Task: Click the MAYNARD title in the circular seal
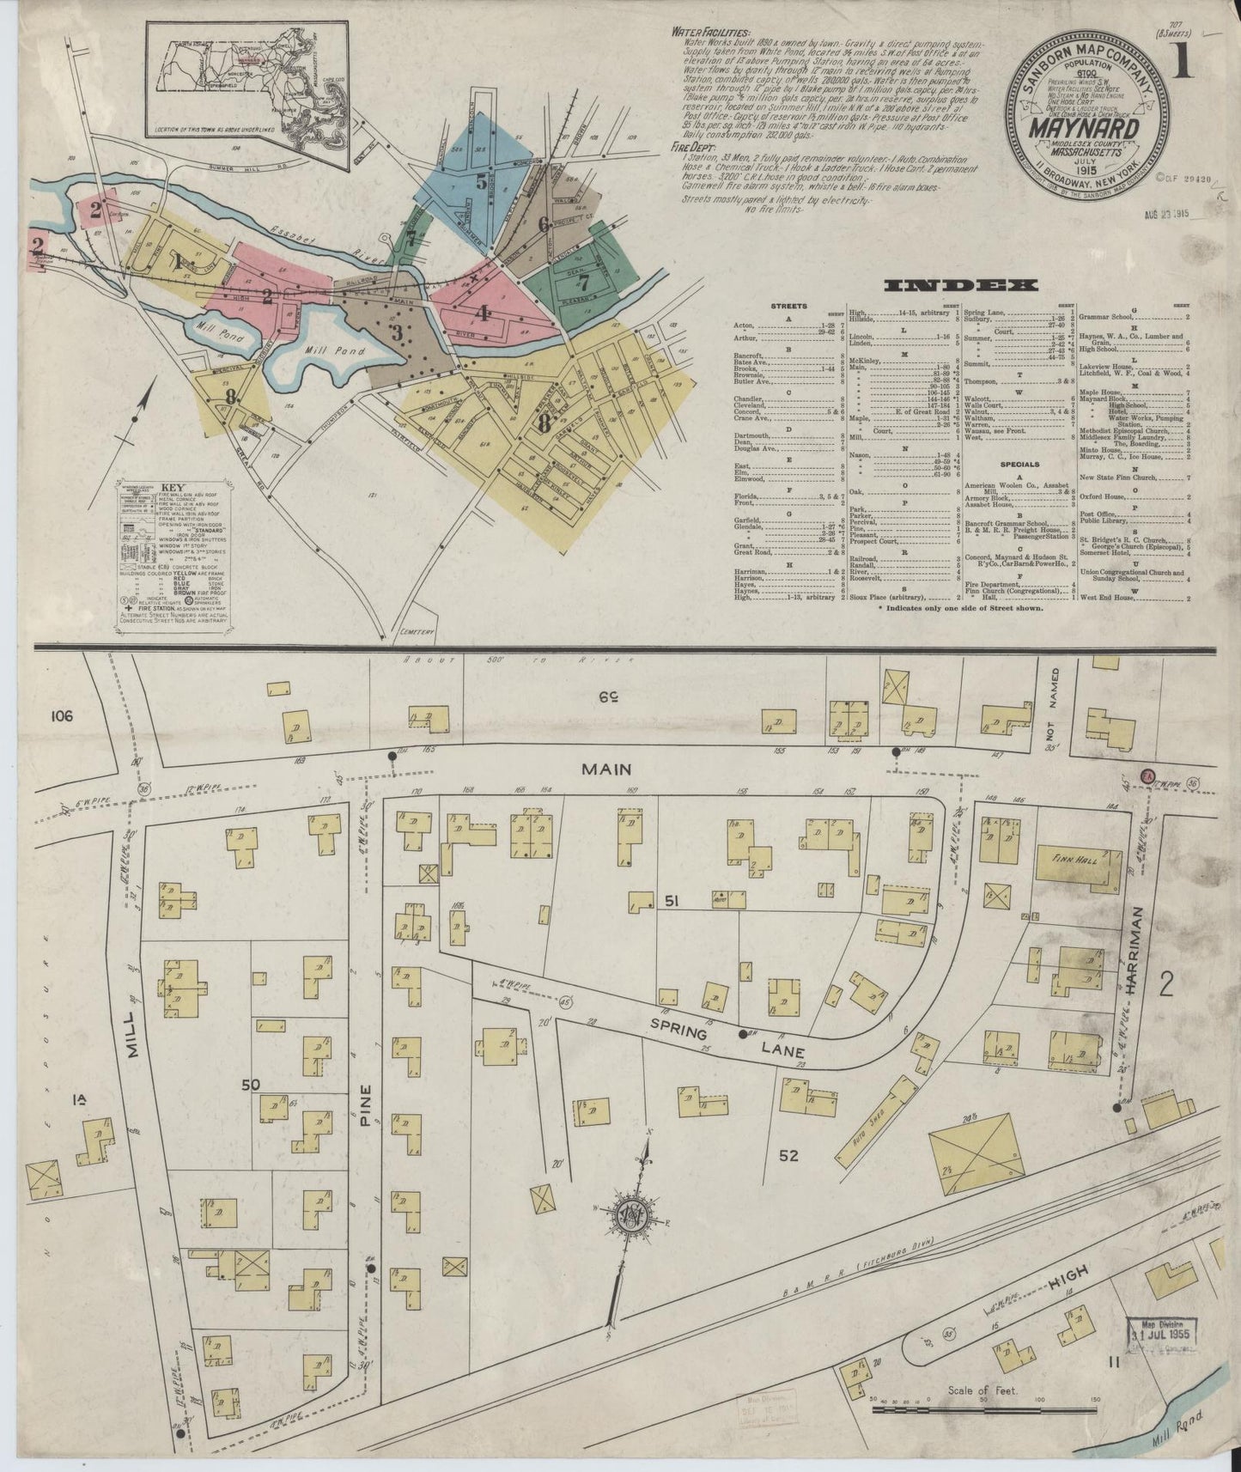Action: pos(1092,130)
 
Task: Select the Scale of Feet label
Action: pos(981,1389)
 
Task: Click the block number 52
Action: pos(788,1156)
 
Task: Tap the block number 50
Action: pos(250,1086)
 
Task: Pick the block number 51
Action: pos(672,900)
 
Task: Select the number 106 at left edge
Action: pos(61,715)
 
